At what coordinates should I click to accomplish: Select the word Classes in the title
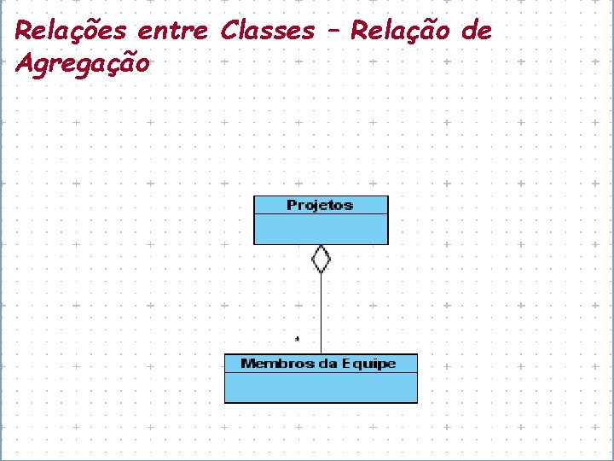point(268,32)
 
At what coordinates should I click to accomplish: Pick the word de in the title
point(477,32)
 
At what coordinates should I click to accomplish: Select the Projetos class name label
point(320,205)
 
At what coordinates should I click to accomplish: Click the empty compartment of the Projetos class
point(321,229)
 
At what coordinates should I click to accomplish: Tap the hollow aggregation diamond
point(321,259)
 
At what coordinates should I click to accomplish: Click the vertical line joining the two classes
point(321,312)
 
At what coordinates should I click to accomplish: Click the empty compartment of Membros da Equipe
point(321,388)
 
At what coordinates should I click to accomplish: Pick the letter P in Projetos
point(292,205)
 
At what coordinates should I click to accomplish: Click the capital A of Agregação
point(25,63)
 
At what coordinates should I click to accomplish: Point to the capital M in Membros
point(247,364)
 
